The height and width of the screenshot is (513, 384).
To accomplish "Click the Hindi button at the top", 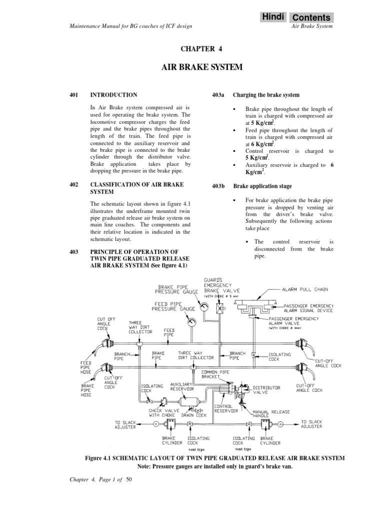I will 273,17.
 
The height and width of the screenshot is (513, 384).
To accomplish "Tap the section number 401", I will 75,95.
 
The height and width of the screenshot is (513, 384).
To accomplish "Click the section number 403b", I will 218,186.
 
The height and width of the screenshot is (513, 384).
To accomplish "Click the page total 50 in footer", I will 128,479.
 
